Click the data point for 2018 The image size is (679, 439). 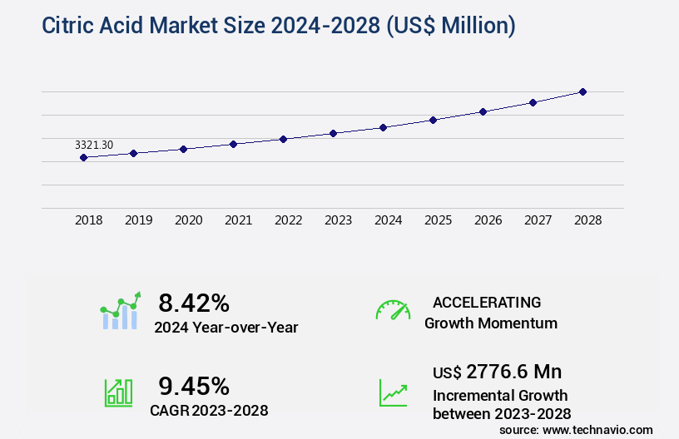click(x=83, y=157)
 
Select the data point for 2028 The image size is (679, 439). click(x=582, y=91)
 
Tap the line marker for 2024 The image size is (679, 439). click(x=383, y=127)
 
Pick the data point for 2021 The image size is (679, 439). click(x=233, y=144)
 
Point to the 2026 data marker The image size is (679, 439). click(x=483, y=111)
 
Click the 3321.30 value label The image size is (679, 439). click(x=94, y=145)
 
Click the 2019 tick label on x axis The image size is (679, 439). click(x=139, y=220)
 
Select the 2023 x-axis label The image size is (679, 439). click(x=339, y=220)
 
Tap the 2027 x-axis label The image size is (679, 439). click(x=538, y=220)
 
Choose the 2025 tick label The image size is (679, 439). click(x=439, y=220)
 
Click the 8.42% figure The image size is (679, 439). click(x=194, y=303)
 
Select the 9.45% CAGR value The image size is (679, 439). click(x=194, y=386)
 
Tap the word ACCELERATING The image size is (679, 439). click(x=487, y=302)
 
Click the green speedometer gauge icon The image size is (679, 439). click(x=393, y=310)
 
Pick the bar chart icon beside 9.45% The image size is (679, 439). click(x=118, y=392)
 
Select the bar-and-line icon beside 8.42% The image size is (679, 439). click(x=121, y=311)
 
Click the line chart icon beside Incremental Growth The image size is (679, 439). click(x=393, y=392)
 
